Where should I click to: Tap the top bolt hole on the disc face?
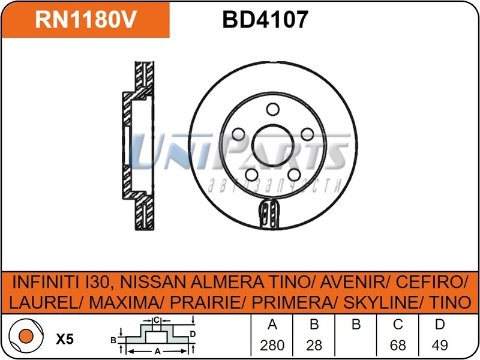pyautogui.click(x=274, y=109)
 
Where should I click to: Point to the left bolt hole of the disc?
pyautogui.click(x=239, y=134)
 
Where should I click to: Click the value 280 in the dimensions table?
pyautogui.click(x=272, y=346)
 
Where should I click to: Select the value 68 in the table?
pyautogui.click(x=397, y=346)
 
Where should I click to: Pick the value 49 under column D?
pyautogui.click(x=440, y=346)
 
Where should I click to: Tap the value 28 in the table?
pyautogui.click(x=314, y=346)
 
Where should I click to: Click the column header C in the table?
pyautogui.click(x=397, y=325)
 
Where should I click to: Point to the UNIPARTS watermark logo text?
pyautogui.click(x=240, y=153)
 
